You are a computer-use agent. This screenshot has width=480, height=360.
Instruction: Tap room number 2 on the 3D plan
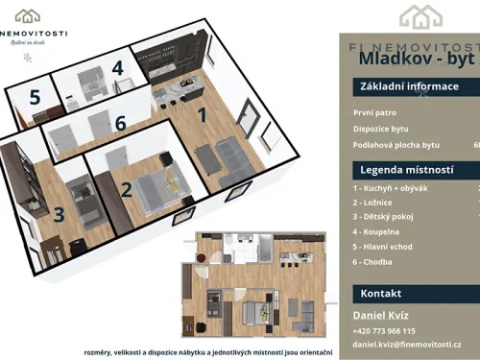coord(126,188)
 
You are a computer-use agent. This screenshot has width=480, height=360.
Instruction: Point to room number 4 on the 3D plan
coord(117,68)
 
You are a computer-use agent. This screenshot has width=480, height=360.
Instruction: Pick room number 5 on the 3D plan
coord(35,97)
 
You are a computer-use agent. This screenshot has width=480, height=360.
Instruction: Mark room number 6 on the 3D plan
coord(120,123)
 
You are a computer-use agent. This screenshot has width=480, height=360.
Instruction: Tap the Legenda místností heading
coord(407,170)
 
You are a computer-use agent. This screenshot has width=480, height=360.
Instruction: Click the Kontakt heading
coord(381,294)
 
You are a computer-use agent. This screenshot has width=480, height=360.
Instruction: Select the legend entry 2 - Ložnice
coord(374,204)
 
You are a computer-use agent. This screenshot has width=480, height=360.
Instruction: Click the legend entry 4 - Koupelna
coord(378,231)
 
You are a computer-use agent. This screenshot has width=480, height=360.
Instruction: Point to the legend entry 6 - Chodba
coord(374,260)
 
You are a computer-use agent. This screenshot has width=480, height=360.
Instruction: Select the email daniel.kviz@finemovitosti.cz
coord(407,344)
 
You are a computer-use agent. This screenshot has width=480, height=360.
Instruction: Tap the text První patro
coord(375,111)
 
